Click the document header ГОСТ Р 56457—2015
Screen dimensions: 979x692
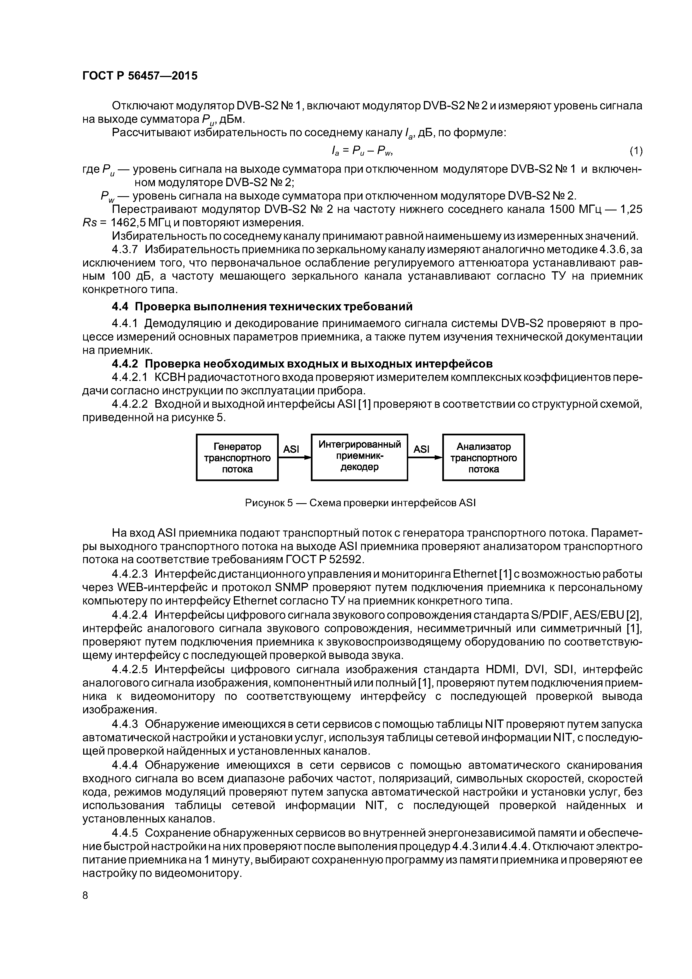tap(140, 76)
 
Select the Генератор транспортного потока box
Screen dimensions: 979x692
tap(237, 457)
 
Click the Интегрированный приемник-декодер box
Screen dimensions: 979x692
tap(359, 457)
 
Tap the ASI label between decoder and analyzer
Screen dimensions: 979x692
tap(422, 449)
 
